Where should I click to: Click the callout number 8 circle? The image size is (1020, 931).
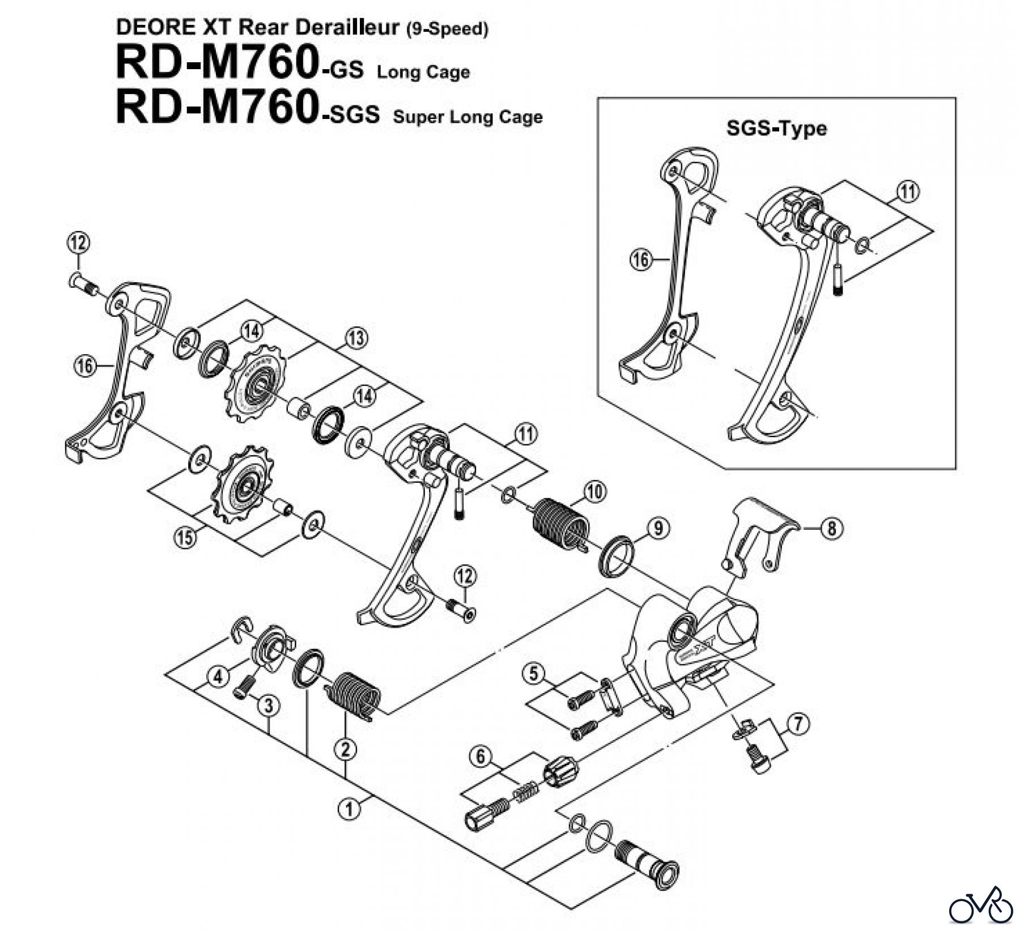point(831,529)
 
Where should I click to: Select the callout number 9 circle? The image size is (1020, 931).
point(658,529)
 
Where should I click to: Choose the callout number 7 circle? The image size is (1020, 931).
point(798,723)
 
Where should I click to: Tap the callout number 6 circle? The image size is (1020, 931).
point(481,756)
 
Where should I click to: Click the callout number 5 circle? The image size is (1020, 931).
point(534,674)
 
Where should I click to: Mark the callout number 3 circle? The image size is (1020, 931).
point(269,705)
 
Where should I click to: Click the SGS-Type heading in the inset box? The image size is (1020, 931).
point(776,129)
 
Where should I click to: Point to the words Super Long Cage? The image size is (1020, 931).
point(467,117)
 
